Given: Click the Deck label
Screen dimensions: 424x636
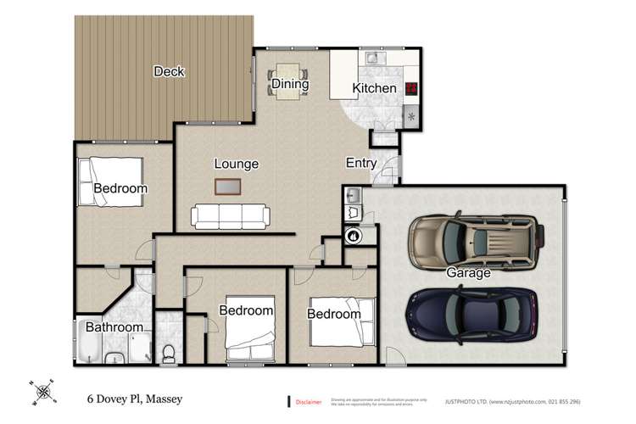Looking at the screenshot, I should pyautogui.click(x=169, y=72).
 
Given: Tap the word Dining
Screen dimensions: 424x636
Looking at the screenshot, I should pyautogui.click(x=289, y=84).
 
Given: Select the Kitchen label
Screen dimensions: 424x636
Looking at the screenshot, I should pyautogui.click(x=374, y=88).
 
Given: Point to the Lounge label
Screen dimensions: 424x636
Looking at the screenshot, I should pyautogui.click(x=236, y=164).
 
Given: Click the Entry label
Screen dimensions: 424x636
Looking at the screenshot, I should pyautogui.click(x=361, y=163).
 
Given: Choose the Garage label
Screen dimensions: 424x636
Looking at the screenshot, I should pyautogui.click(x=469, y=273).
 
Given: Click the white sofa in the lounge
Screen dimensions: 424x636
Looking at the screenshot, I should pyautogui.click(x=231, y=217).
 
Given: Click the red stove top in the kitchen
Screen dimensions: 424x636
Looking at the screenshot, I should pyautogui.click(x=412, y=88).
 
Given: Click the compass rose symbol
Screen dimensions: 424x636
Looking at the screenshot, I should pyautogui.click(x=41, y=392).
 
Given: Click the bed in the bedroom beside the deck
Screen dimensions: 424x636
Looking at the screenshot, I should pyautogui.click(x=90, y=182).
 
